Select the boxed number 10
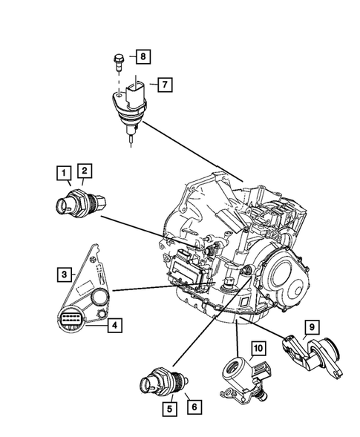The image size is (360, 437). pyautogui.click(x=257, y=347)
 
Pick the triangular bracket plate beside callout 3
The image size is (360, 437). pyautogui.click(x=91, y=275)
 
